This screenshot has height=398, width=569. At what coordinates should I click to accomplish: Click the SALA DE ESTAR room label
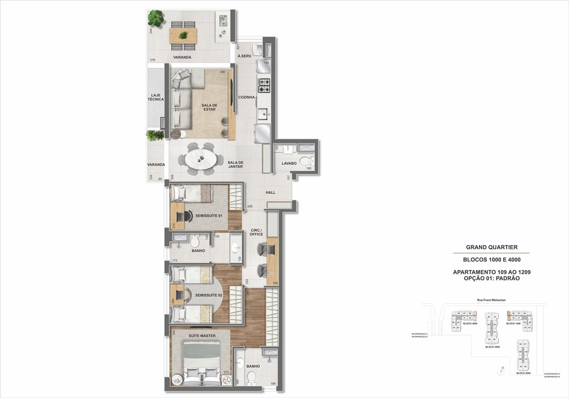pos(209,107)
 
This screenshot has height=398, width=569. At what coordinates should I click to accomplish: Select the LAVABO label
pos(289,164)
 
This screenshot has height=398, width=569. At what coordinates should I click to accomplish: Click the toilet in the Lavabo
pos(305,161)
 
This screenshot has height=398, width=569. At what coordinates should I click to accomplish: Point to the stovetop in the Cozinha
pos(263,83)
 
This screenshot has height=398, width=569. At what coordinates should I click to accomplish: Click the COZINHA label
pos(246,97)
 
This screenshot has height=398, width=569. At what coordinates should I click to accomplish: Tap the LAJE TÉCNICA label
pos(156,97)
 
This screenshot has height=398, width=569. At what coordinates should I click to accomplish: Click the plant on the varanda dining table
pos(183,36)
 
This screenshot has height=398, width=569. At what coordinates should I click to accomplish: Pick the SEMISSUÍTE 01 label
pos(209,216)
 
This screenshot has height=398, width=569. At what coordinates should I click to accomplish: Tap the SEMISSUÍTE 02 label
pos(209,295)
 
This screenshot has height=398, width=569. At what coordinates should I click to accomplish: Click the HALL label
pos(270,193)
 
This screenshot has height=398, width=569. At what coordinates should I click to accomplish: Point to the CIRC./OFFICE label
pos(257,232)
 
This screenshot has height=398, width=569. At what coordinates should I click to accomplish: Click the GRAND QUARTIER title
pos(492,247)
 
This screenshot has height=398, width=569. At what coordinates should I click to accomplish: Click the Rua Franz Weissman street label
pos(492,301)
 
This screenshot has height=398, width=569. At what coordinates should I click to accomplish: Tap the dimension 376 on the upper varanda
pos(152,60)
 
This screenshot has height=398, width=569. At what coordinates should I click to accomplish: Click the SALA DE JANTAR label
pos(236,165)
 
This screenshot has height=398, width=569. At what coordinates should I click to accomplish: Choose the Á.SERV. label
pos(244,56)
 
